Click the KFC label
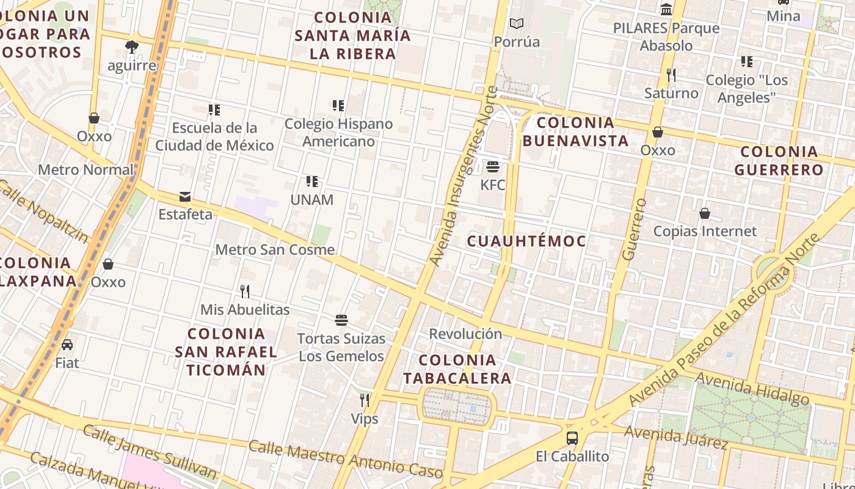pos(493,185)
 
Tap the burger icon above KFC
pos(493,167)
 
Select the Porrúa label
pos(517,42)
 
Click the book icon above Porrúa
pos(517,24)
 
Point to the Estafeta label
pos(185,215)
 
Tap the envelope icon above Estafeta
pos(185,197)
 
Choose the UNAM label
pos(312,200)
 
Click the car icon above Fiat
pos(67,345)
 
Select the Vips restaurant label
pos(365,419)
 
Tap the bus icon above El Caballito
pos(572,438)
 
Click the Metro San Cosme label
pos(275,249)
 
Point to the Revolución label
pos(465,334)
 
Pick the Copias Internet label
pos(705,231)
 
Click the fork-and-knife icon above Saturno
pos(671,75)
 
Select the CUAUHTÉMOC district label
pos(526,241)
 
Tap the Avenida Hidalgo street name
pos(752,388)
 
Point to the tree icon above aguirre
pos(132,47)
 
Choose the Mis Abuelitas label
pos(245,310)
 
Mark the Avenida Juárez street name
pos(675,436)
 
